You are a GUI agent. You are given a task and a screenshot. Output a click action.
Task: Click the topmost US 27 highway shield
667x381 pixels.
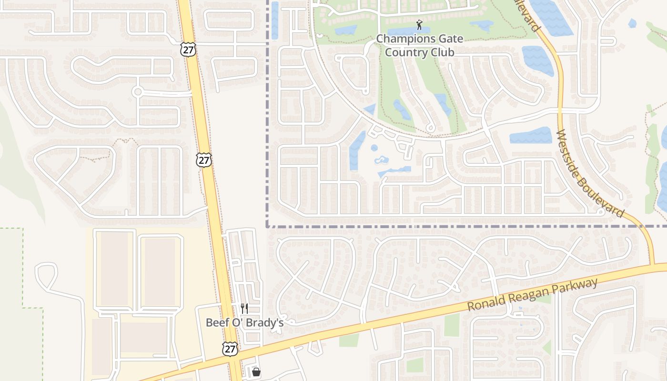coord(187,49)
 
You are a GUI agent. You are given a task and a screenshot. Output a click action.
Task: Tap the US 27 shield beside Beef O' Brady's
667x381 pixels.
coord(230,349)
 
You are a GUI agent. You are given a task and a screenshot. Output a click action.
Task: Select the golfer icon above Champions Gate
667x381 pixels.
coord(419,25)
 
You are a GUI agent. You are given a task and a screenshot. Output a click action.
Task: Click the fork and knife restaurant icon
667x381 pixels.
coord(244,309)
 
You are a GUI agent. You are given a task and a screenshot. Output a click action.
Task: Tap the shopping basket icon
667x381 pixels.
coord(256,371)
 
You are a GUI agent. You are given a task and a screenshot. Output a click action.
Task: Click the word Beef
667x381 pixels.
coord(216,322)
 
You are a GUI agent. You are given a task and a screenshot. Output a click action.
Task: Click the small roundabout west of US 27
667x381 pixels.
coord(138,91)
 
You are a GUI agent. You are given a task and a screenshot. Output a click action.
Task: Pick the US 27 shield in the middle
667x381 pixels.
coord(204,160)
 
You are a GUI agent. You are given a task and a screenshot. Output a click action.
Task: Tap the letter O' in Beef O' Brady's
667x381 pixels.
coord(237,322)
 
